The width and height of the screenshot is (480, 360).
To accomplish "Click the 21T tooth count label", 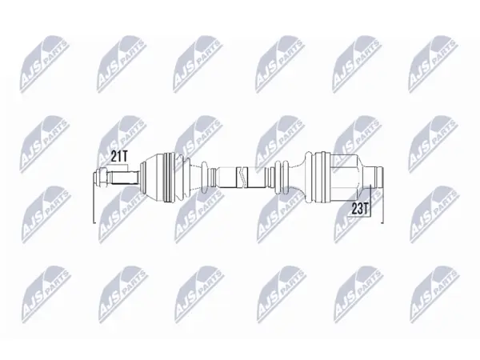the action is coord(118,157).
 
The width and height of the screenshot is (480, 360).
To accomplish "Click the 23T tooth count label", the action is coord(359,209).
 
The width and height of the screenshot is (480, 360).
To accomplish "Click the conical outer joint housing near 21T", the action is coord(152,178).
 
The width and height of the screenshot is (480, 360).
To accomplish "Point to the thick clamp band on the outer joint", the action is coord(170,178).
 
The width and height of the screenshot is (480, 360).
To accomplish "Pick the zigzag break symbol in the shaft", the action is coord(242,178).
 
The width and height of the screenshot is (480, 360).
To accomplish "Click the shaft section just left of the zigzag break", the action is coord(227,178).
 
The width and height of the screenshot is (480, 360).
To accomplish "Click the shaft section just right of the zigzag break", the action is coord(255,178).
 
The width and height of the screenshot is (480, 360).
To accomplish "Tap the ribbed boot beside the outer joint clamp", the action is coord(183,178).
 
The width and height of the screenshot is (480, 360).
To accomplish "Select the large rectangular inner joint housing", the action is coord(343,178).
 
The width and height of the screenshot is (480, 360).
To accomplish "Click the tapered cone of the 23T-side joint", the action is coord(362,178).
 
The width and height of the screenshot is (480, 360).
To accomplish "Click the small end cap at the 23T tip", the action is coord(380,178).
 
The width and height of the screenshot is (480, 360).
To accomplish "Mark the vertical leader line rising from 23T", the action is coord(370,200).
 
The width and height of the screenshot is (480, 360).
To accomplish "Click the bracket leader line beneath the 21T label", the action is coord(118,166).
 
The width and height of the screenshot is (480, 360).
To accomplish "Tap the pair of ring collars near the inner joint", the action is coord(282,178).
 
